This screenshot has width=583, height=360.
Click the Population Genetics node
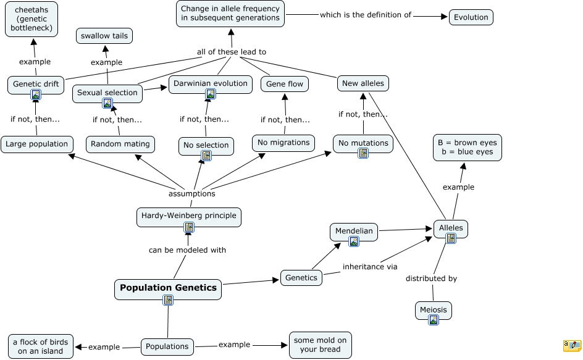(x=168, y=288)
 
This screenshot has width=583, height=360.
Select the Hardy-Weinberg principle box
(x=188, y=216)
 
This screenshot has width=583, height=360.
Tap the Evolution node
(x=471, y=17)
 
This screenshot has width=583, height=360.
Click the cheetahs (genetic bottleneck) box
(x=33, y=19)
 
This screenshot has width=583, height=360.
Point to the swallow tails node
(x=104, y=36)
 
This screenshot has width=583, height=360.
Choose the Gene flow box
(x=284, y=84)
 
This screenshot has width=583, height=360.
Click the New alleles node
(x=363, y=83)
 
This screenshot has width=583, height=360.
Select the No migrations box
(x=283, y=143)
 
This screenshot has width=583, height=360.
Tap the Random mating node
(x=120, y=144)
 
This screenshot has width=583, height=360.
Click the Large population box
(x=36, y=144)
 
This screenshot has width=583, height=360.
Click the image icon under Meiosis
(x=434, y=320)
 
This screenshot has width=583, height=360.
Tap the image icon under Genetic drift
(x=36, y=95)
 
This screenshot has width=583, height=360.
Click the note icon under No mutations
(x=363, y=153)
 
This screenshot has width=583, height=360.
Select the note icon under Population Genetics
(x=168, y=300)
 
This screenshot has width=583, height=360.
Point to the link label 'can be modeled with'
(x=187, y=250)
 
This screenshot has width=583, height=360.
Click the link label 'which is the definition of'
(x=365, y=15)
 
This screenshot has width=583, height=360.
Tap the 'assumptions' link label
(x=191, y=193)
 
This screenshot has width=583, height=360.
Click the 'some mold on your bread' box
(x=320, y=345)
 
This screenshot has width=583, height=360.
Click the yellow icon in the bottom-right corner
(x=572, y=345)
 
